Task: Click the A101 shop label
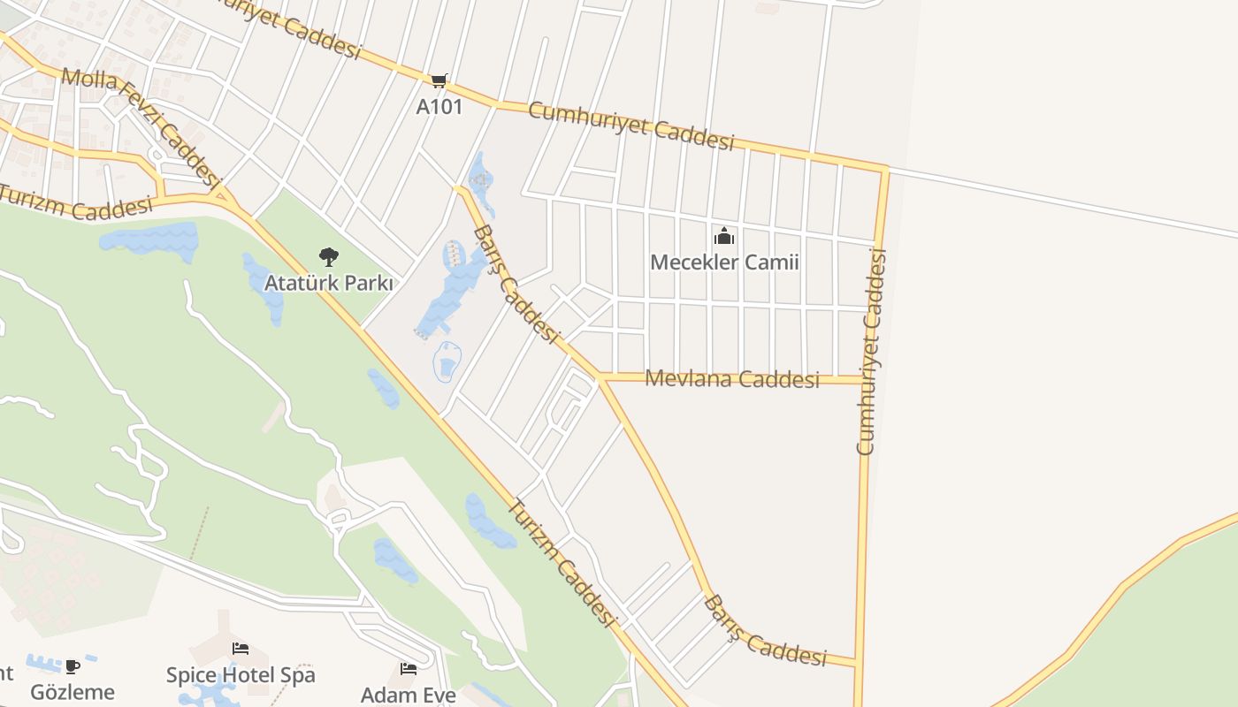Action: pos(439,107)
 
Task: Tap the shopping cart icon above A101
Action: pos(439,81)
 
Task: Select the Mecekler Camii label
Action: pos(724,262)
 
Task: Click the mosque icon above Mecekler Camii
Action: pos(724,236)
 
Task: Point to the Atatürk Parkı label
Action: pos(329,284)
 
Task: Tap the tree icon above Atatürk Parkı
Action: pos(329,257)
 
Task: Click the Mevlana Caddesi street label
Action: pos(732,379)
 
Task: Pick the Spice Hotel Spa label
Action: pos(241,675)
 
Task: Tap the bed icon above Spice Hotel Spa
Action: pos(241,649)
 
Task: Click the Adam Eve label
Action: pos(409,695)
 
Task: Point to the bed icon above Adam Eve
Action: pos(409,668)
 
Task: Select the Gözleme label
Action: pos(73,691)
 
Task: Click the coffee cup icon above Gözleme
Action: pos(73,665)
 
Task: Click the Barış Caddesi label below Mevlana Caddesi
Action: pos(765,632)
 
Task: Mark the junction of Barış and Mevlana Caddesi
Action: pos(600,378)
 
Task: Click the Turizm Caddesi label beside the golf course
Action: pos(561,563)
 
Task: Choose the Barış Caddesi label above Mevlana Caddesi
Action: pos(516,284)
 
